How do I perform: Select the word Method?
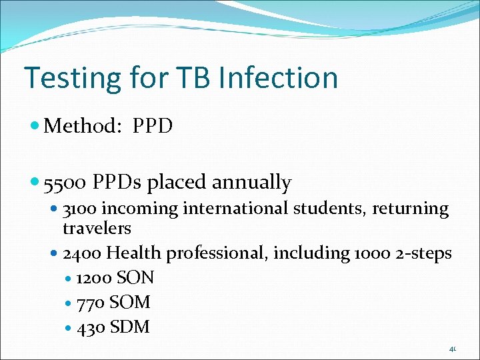click(79, 125)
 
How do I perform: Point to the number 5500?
click(65, 182)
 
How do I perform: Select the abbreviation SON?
click(135, 277)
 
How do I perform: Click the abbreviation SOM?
click(130, 302)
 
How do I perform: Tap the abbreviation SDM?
click(130, 327)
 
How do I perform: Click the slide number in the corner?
click(452, 349)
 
